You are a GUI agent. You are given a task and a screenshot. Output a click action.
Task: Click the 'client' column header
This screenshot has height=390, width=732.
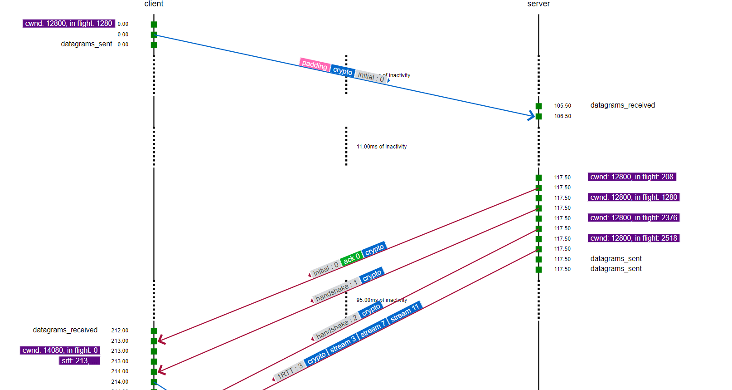tap(154, 4)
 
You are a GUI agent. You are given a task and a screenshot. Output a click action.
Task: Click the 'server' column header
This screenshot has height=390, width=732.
tap(538, 4)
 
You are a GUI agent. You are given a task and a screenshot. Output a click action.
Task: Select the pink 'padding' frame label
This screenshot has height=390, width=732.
tap(315, 64)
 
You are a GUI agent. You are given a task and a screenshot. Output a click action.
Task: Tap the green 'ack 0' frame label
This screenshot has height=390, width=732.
tap(351, 258)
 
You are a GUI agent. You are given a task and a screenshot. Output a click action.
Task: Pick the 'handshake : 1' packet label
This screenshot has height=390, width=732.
tap(336, 291)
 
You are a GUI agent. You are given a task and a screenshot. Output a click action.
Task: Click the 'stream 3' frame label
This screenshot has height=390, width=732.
tap(343, 345)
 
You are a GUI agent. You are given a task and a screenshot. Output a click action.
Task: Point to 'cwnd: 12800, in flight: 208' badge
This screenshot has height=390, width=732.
tap(631, 177)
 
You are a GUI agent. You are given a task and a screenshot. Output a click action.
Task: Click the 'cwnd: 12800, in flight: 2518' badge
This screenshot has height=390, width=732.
tap(633, 238)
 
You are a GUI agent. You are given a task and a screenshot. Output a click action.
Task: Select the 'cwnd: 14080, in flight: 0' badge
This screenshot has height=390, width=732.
tap(60, 351)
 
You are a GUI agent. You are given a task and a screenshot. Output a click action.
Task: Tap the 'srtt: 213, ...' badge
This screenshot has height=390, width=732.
tap(79, 361)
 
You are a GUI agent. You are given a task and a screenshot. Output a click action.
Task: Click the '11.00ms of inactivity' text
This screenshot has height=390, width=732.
tap(381, 147)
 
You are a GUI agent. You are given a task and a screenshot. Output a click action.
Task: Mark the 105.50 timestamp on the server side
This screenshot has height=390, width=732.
tap(562, 106)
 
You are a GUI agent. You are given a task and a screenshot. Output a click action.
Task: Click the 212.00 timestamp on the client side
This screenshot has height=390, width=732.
tap(120, 331)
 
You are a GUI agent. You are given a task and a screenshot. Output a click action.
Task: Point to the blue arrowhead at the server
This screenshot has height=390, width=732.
tap(532, 116)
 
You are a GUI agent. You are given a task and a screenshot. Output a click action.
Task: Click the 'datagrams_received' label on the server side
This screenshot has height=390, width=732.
tap(622, 105)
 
